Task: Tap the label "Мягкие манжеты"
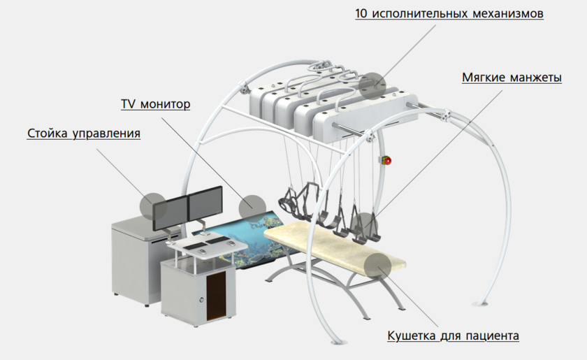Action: pyautogui.click(x=512, y=78)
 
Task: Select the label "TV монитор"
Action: pyautogui.click(x=155, y=105)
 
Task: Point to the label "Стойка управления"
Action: pyautogui.click(x=84, y=133)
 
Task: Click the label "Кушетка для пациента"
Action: pyautogui.click(x=453, y=336)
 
